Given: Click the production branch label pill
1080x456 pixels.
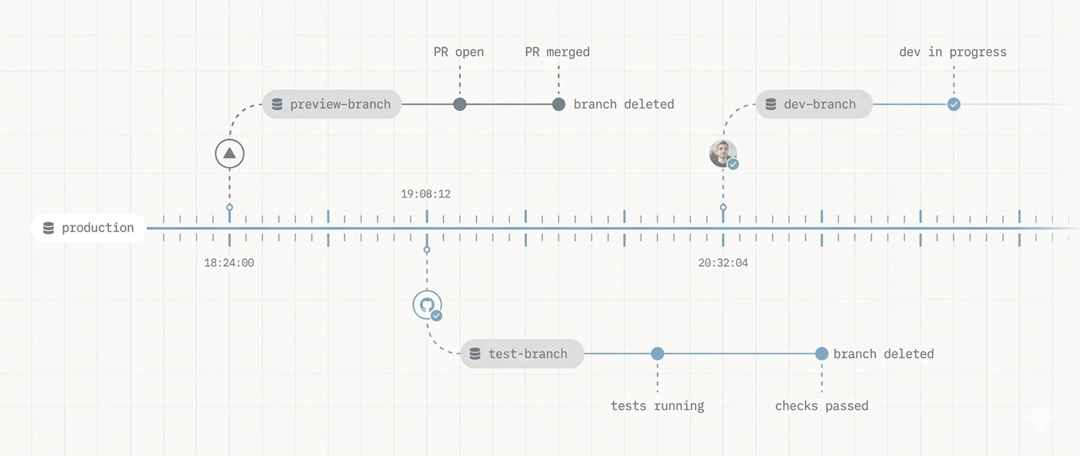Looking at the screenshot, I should point(88,228).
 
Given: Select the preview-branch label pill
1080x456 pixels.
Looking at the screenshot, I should point(332,104).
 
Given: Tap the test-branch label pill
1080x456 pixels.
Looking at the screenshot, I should point(522,354).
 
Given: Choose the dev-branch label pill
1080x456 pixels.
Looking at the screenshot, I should point(814,104).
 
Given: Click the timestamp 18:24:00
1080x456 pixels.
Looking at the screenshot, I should point(229,263).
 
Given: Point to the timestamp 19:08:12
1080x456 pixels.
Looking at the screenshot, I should point(426,194).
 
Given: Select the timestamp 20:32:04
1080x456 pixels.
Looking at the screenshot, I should point(723,263).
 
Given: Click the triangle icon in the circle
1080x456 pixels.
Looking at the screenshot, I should point(229,154).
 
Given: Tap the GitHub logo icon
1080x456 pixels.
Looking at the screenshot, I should point(427,305).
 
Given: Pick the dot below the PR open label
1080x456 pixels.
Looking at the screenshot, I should point(460,104).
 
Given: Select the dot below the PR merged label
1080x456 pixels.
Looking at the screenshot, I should point(559,104).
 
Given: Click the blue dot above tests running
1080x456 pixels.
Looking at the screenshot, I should point(657,354).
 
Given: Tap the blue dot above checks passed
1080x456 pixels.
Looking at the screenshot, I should point(821,354).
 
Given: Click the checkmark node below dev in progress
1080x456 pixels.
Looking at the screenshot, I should point(954,104).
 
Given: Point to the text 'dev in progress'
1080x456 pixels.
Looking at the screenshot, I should point(953,52).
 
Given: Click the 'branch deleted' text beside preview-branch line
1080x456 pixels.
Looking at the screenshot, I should point(623,104).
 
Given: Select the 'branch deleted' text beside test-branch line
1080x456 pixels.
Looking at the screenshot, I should point(883,354).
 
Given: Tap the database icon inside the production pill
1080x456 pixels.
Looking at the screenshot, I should point(48,228).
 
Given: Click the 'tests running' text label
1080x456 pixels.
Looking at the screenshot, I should point(657,406).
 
